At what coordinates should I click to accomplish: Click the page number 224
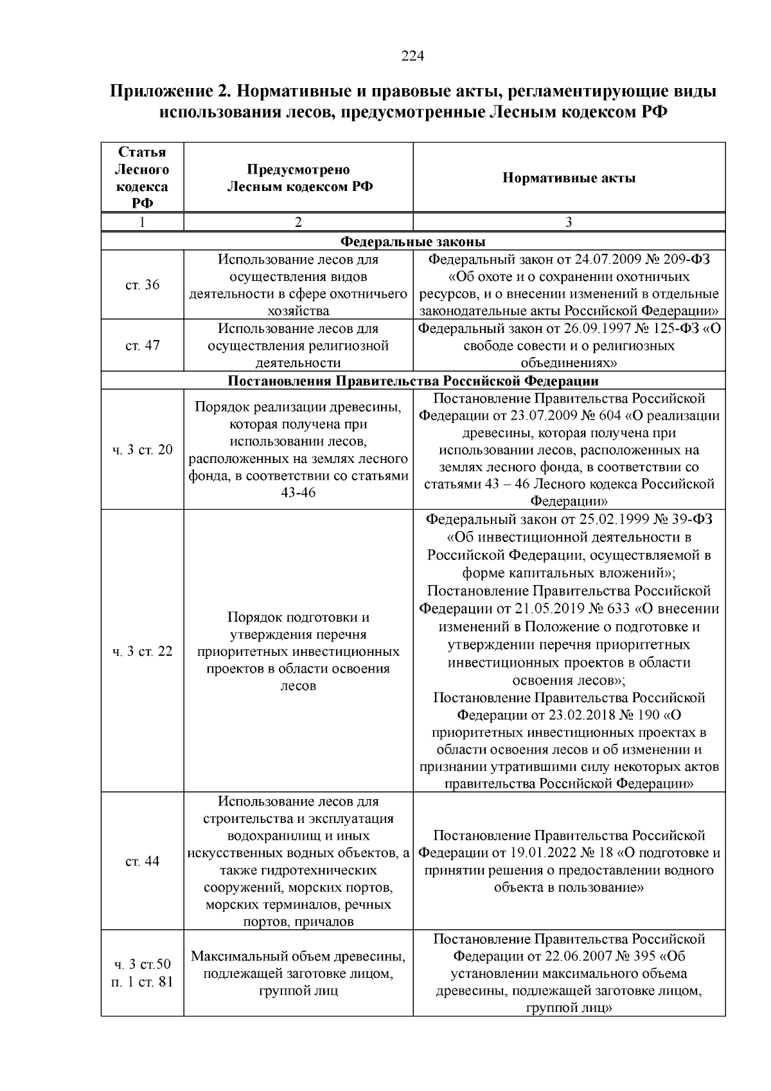[x=412, y=56]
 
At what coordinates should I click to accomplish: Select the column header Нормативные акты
[x=569, y=178]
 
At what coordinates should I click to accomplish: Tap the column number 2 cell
[x=298, y=222]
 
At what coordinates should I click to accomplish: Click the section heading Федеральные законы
[x=412, y=242]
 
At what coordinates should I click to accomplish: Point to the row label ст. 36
[x=142, y=285]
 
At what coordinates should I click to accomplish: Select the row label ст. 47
[x=142, y=345]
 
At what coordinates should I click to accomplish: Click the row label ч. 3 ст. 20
[x=142, y=449]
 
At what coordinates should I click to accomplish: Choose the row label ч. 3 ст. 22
[x=142, y=651]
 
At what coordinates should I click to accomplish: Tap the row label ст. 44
[x=142, y=861]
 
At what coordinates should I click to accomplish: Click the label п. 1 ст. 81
[x=142, y=982]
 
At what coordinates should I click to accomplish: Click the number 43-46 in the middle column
[x=298, y=493]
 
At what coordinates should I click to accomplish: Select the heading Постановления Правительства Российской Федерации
[x=413, y=381]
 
